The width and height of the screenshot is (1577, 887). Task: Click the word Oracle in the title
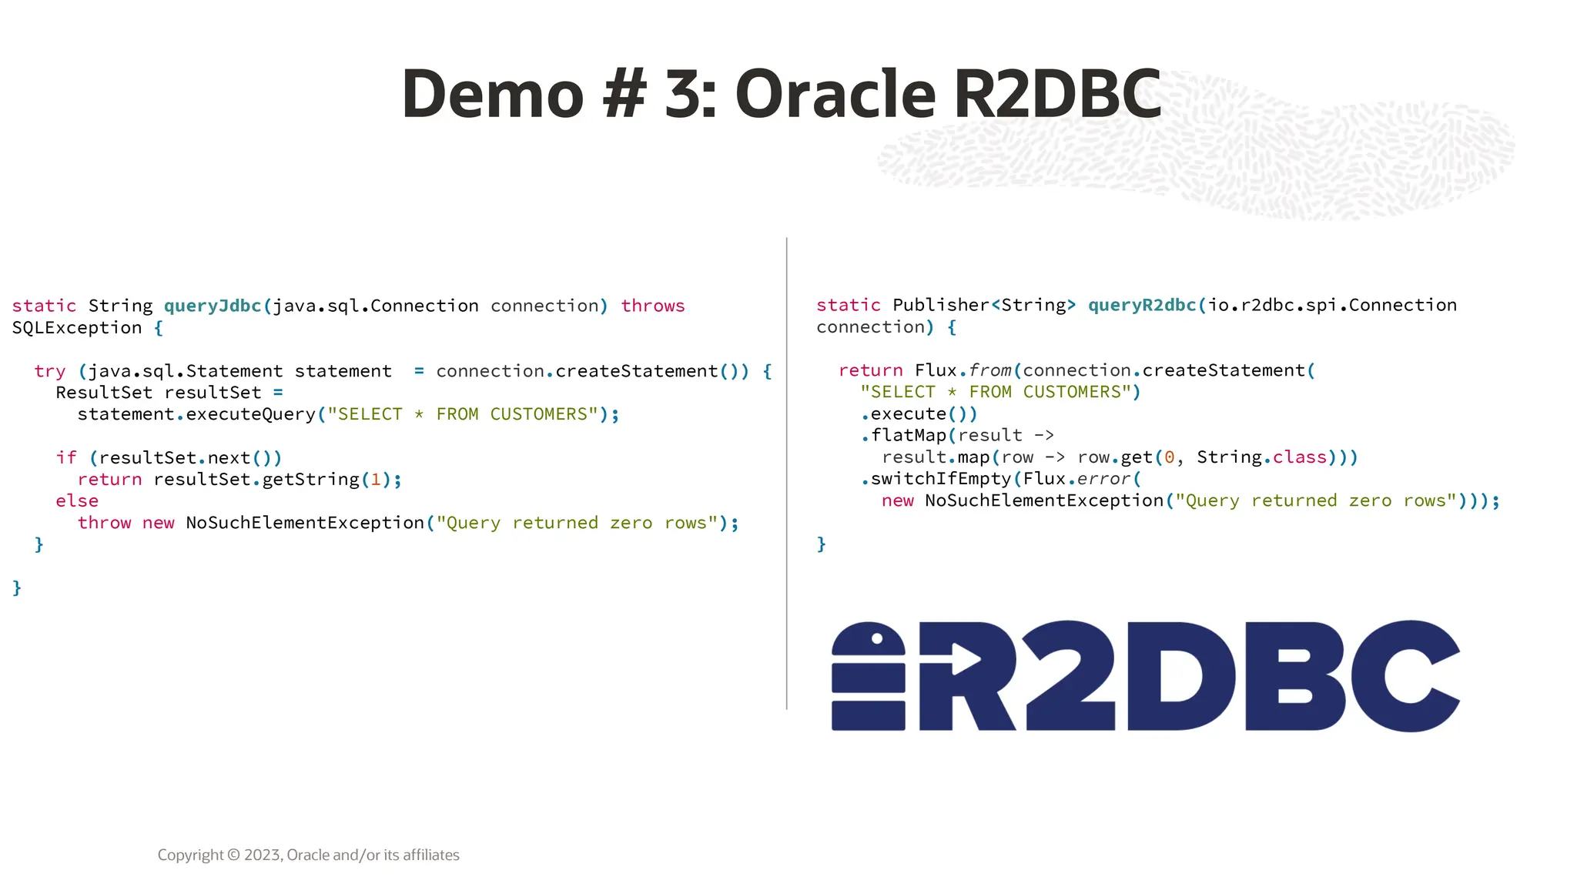(835, 94)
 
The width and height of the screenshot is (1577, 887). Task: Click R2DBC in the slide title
(1057, 94)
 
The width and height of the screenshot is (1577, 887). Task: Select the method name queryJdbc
(213, 306)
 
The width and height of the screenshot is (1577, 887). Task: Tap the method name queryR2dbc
(1142, 305)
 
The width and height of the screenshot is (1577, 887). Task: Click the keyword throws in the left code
(652, 306)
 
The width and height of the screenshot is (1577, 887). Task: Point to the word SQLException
(77, 328)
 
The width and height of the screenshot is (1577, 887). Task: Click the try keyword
(50, 371)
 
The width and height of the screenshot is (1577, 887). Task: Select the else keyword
(77, 501)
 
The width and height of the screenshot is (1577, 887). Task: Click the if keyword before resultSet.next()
(66, 458)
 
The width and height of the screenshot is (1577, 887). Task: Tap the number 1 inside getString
(376, 480)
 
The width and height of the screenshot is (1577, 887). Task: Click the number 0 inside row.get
(1169, 457)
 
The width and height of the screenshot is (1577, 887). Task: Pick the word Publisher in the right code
(940, 305)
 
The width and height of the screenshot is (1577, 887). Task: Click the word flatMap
(909, 436)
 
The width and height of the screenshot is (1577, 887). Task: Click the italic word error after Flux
(1103, 479)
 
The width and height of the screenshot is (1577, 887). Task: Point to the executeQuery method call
(250, 414)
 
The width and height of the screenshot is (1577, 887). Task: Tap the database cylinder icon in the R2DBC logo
(869, 676)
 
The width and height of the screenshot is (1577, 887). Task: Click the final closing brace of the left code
(17, 588)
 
